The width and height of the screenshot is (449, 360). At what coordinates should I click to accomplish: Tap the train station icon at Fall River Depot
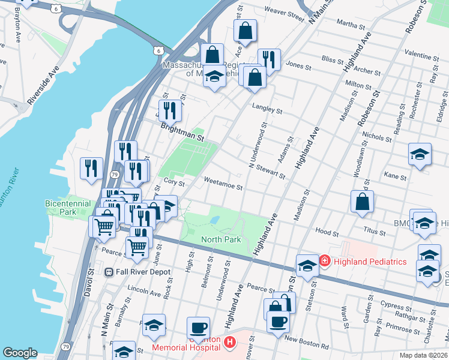tap(109, 272)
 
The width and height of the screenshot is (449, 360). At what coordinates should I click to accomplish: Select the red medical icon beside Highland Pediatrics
tap(325, 261)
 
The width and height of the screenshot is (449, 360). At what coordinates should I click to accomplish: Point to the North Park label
tap(221, 239)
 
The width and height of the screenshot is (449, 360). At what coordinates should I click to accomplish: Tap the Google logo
tap(20, 353)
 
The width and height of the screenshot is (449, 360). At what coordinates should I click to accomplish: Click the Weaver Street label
tap(285, 12)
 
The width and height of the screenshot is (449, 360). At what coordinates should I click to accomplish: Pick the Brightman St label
tap(182, 131)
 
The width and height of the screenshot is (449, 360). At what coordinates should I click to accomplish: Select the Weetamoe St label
tap(223, 183)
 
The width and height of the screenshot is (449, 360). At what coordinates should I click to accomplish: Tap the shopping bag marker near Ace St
tap(245, 31)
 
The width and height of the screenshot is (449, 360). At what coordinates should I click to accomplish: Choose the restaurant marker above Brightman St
tap(172, 110)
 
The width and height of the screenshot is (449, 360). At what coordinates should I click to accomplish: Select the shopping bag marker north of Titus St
tap(362, 202)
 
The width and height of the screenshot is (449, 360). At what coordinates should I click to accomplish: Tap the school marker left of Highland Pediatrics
tap(307, 265)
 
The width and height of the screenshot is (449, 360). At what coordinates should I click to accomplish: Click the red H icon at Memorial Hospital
tap(229, 343)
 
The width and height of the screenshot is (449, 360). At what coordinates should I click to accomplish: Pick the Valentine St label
tap(422, 53)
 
